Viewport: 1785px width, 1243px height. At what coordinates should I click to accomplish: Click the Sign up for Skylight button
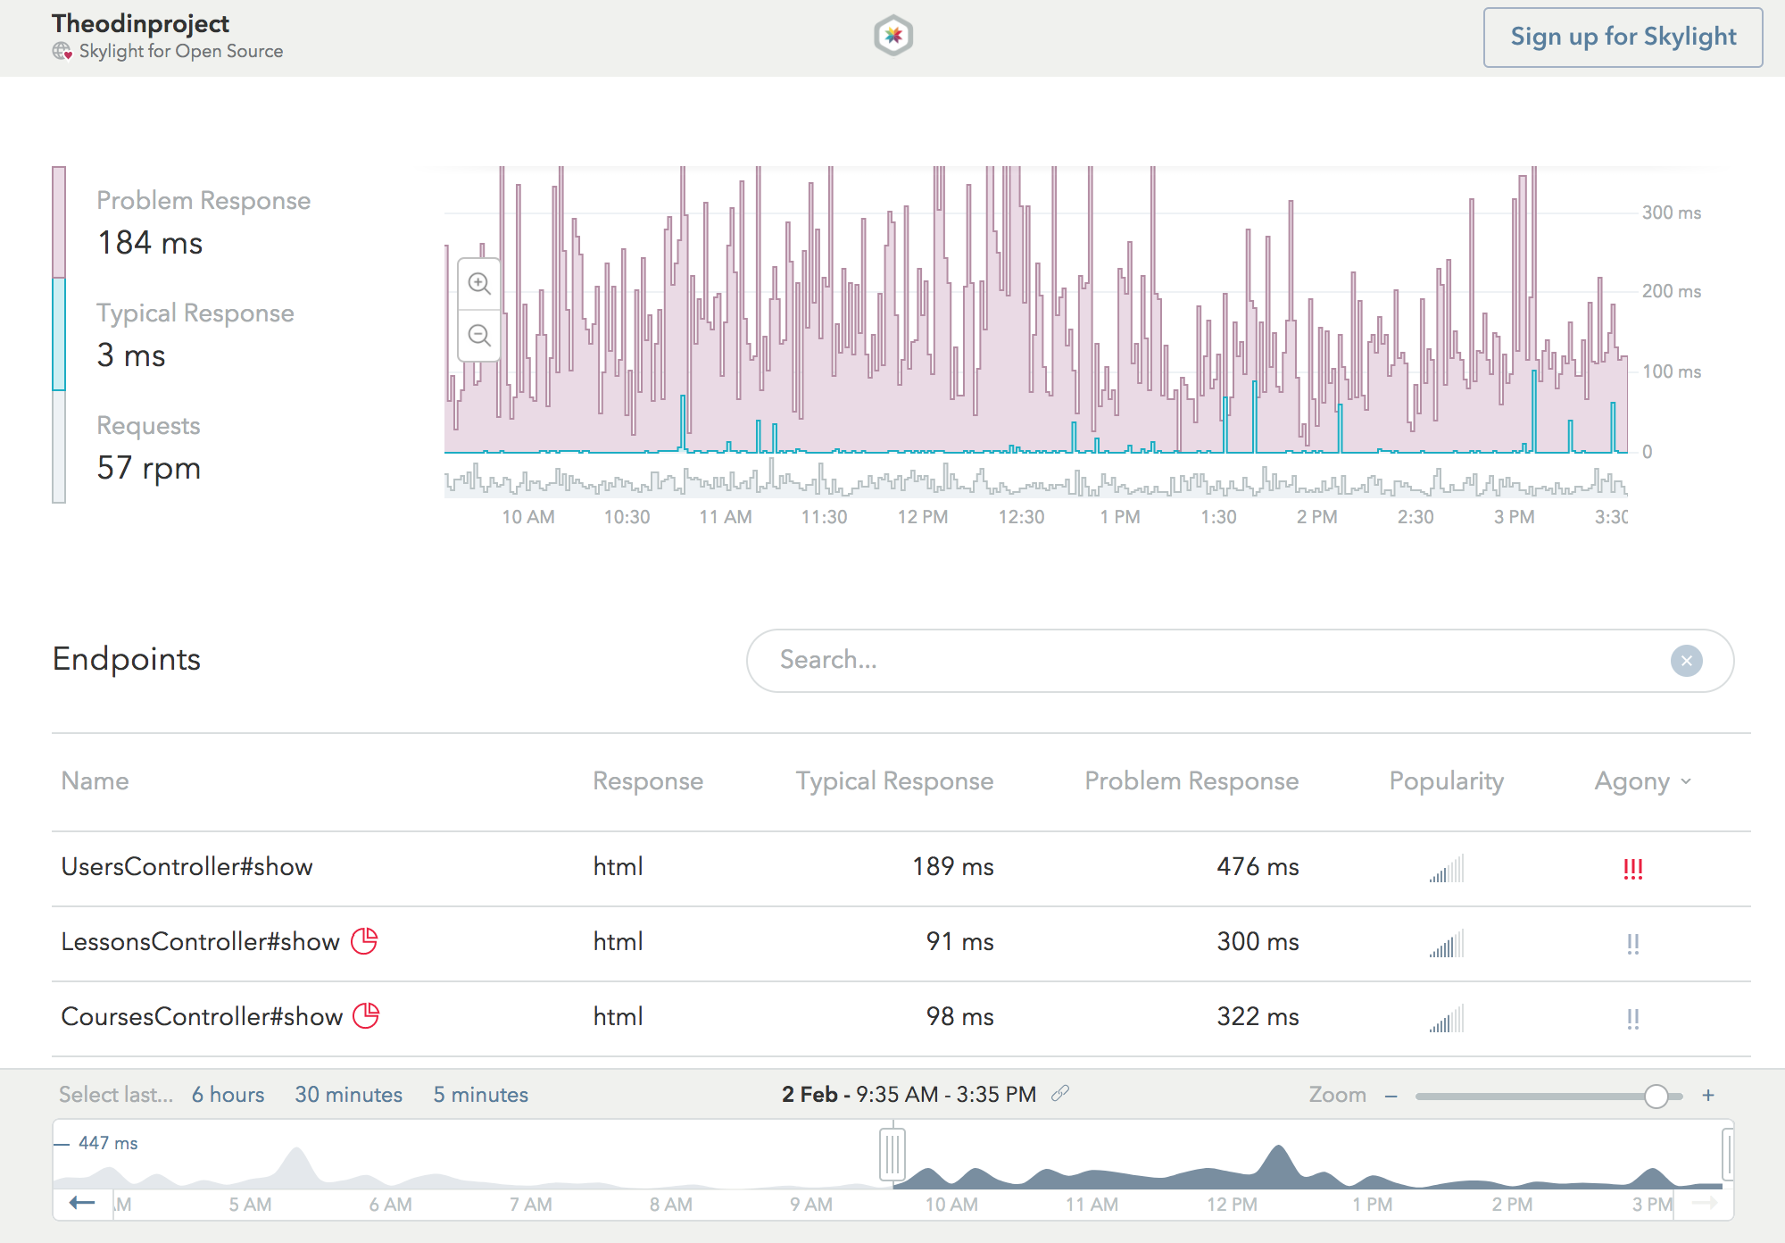tap(1622, 38)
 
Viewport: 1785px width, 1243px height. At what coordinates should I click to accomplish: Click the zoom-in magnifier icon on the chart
tap(479, 284)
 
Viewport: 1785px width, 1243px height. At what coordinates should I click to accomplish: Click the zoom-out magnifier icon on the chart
tap(479, 336)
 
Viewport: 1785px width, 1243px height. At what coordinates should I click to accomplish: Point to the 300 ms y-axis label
tap(1671, 213)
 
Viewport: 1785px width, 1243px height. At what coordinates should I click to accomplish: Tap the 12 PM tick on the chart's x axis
tap(922, 517)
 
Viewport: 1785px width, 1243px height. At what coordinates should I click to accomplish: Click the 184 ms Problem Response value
tap(150, 243)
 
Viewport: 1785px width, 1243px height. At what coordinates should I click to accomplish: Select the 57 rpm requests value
tap(148, 468)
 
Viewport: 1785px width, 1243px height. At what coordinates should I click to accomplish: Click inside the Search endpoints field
tap(1205, 660)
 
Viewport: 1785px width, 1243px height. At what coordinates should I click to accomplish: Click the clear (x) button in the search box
tap(1686, 661)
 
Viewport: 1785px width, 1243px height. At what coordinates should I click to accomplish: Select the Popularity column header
tap(1446, 781)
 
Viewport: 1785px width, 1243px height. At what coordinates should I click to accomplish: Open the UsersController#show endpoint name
tap(187, 867)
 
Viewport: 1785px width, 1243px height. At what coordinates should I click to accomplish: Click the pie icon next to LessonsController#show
tap(364, 941)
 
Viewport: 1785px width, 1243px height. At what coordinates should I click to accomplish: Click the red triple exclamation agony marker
tap(1632, 868)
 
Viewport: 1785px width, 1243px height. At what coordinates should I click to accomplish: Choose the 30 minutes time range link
tap(348, 1095)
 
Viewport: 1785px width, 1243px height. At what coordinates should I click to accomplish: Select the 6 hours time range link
tap(228, 1095)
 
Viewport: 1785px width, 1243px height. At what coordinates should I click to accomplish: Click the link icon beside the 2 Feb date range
tap(1060, 1094)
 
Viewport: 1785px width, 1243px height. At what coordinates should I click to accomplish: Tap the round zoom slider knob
tap(1656, 1096)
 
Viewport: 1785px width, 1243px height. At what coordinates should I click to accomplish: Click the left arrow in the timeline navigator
tap(82, 1203)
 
